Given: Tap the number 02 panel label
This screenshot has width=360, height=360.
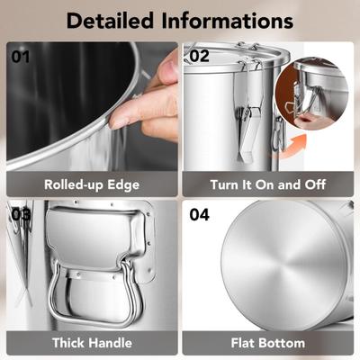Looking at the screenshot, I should point(199,57).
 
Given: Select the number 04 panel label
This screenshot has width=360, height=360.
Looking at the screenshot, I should point(199,215).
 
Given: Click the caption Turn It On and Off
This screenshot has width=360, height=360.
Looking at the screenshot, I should point(268,184).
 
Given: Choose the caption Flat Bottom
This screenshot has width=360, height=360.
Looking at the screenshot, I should point(268,343).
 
